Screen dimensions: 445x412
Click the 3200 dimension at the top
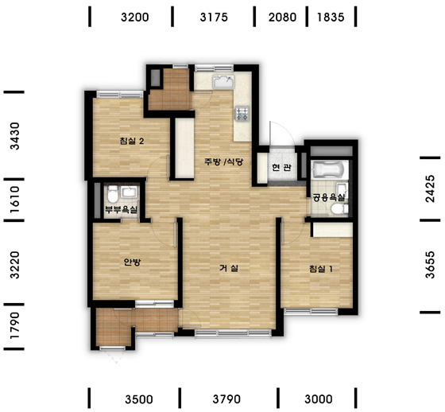[x=134, y=17]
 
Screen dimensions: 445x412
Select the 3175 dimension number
[x=214, y=17]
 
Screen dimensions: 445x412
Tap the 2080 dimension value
[x=282, y=17]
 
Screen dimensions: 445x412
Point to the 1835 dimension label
[x=331, y=17]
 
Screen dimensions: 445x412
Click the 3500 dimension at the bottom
[x=139, y=399]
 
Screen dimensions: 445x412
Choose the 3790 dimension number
[x=226, y=399]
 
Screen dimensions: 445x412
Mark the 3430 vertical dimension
[x=15, y=136]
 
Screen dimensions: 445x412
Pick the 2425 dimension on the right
[x=430, y=189]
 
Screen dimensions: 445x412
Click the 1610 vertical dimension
[x=15, y=200]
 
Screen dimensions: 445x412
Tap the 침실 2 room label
[x=132, y=141]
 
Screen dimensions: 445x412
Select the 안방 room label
[x=132, y=262]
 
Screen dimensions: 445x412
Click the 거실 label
[x=229, y=268]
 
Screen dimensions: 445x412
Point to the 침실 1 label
[x=321, y=269]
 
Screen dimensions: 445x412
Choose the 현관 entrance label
[x=281, y=167]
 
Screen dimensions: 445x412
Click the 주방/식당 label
[x=223, y=162]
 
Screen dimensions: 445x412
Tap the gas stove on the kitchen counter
[x=242, y=114]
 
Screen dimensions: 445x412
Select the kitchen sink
[x=223, y=81]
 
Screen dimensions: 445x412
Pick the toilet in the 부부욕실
[x=113, y=194]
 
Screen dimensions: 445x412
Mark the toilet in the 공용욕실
[x=339, y=209]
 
